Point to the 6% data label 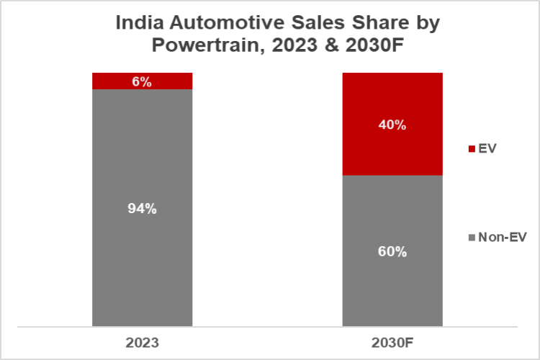[142, 81]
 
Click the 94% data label [142, 209]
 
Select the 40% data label [392, 125]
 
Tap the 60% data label [392, 252]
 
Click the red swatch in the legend [472, 149]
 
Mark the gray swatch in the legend [472, 237]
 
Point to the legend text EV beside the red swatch [487, 149]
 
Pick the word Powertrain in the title [202, 48]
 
